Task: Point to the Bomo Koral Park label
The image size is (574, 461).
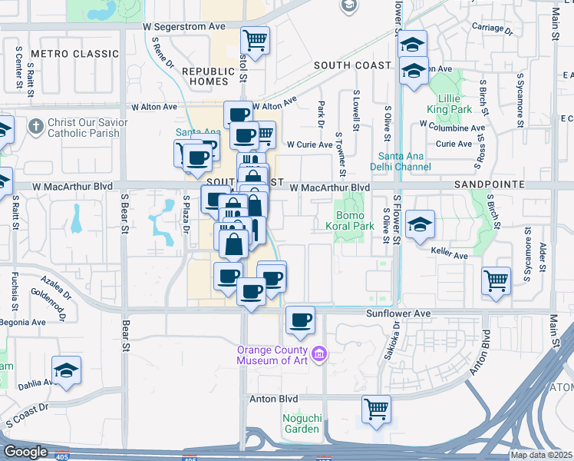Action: pyautogui.click(x=354, y=221)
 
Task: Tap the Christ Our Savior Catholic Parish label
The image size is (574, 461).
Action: pyautogui.click(x=84, y=128)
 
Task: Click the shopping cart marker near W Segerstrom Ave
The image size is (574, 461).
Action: pyautogui.click(x=256, y=39)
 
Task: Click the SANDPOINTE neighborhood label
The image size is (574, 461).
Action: pyautogui.click(x=489, y=185)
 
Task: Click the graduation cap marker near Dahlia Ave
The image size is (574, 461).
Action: pyautogui.click(x=67, y=371)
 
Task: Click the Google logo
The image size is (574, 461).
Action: pyautogui.click(x=25, y=452)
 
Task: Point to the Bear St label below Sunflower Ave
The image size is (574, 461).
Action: pyautogui.click(x=124, y=338)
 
